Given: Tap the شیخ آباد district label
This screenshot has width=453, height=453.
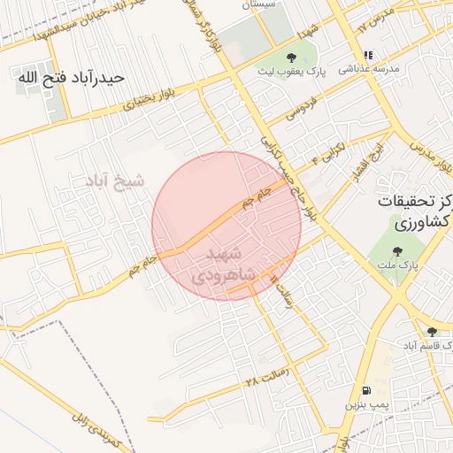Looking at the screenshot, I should tap(113, 182).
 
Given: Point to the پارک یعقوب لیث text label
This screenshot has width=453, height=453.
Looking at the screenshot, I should tap(292, 70).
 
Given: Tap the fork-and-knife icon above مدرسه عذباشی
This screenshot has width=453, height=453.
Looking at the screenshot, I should tap(368, 55).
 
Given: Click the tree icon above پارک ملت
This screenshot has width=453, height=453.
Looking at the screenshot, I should tap(395, 252).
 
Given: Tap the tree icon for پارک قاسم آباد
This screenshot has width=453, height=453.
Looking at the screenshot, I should tap(432, 331).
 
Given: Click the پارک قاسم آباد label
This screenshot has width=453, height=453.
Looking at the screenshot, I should tap(426, 343).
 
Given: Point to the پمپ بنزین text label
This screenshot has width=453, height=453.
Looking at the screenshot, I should tap(365, 403).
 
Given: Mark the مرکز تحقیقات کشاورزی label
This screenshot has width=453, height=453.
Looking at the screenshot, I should tap(412, 211).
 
